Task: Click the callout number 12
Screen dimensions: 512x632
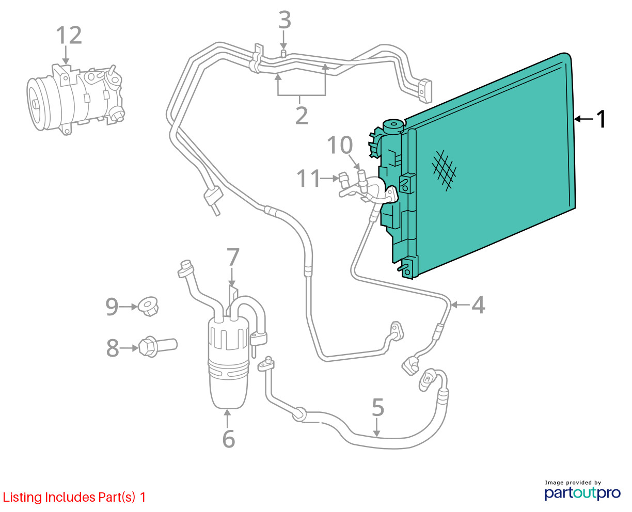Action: [69, 35]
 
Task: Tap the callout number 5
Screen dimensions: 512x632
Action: [378, 408]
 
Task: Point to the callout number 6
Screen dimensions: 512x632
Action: [228, 439]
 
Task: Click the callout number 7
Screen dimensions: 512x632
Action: [233, 257]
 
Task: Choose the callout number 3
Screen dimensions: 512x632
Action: [285, 21]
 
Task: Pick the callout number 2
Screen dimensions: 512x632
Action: [302, 115]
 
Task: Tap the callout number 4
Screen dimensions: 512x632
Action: [478, 305]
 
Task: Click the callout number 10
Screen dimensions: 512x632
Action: [340, 146]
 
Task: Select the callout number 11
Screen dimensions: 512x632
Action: [308, 179]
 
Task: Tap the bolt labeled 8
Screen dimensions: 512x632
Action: [157, 345]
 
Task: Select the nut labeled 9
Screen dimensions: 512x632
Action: [148, 306]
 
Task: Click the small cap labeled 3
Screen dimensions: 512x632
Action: [283, 53]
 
